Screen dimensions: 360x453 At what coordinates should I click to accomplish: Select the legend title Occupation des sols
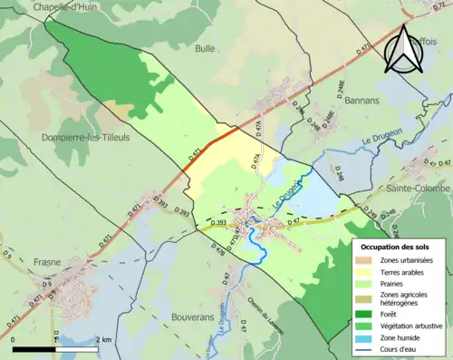[x=395, y=246]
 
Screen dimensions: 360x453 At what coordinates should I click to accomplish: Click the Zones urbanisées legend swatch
[x=367, y=260]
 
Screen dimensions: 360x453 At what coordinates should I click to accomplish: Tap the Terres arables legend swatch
[x=367, y=272]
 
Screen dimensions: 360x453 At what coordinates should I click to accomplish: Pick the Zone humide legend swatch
[x=367, y=336]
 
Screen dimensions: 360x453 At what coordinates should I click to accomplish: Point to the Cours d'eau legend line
[x=367, y=347]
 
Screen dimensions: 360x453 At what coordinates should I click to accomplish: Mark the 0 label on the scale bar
[x=14, y=339]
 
